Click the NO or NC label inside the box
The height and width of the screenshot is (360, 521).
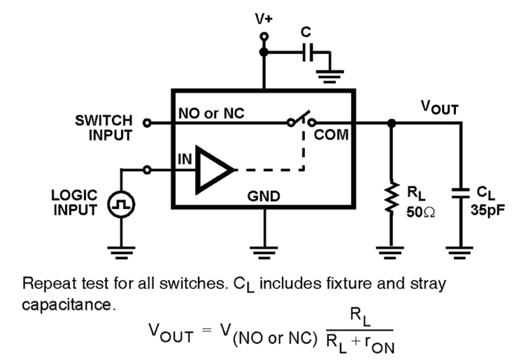coord(211,113)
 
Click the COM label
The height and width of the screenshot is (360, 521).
coord(331,135)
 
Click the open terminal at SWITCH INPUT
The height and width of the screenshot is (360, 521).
coord(146,123)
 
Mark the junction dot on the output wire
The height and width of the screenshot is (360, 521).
coord(390,123)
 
